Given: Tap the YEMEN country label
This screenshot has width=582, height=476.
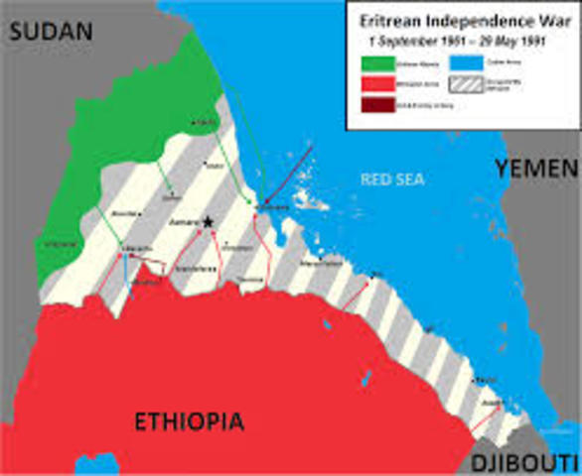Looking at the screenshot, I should [536, 169].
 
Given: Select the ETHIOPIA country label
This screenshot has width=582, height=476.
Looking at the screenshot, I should [189, 422].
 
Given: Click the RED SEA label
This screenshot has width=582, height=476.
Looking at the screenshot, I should [383, 179].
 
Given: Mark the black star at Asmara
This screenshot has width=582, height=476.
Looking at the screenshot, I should [209, 222].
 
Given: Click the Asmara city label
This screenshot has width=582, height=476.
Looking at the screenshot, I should [185, 224].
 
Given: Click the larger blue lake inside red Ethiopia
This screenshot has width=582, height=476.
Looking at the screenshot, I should [327, 323].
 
